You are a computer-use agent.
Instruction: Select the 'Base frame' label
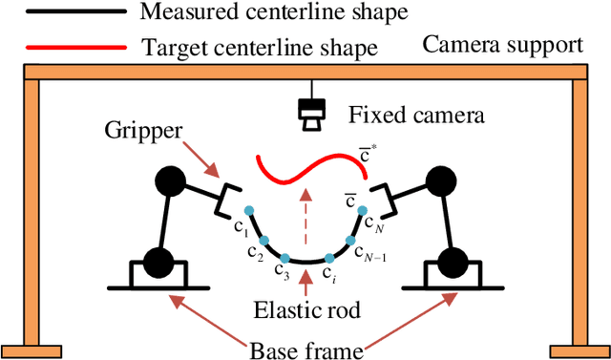click(306, 349)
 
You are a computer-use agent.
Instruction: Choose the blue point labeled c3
click(285, 256)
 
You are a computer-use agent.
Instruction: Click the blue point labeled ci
click(329, 257)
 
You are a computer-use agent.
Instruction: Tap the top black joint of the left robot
click(171, 180)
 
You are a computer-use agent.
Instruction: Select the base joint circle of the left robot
click(157, 264)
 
